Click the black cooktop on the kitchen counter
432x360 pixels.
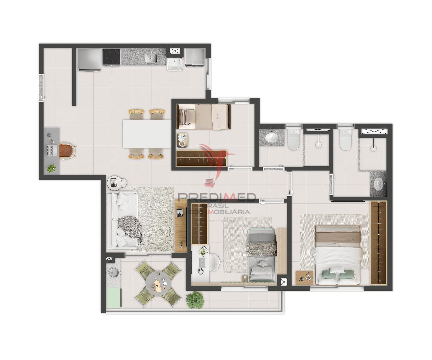(112, 56)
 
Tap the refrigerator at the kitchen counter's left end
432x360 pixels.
(89, 59)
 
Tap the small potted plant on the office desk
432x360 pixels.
(52, 168)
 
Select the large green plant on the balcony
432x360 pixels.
(194, 299)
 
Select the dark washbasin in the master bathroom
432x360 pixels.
(379, 185)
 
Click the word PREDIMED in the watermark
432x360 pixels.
(217, 198)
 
